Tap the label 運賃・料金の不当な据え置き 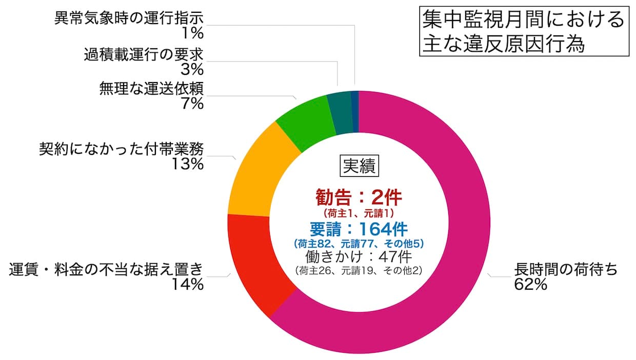pos(107,269)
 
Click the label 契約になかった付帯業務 pos(122,149)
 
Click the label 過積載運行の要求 pos(144,54)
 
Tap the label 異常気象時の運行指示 pos(129,18)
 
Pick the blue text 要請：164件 pos(359,228)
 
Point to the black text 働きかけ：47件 pos(359,255)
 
